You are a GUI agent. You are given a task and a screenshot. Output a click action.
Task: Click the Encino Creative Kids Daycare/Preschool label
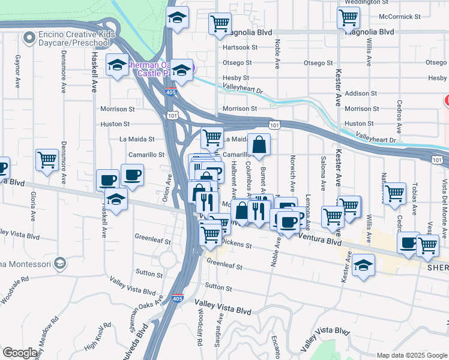[x=75, y=39]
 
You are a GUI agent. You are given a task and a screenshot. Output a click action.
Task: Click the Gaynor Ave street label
[x=17, y=70]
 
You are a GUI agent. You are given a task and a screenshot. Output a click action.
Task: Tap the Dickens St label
[x=236, y=244]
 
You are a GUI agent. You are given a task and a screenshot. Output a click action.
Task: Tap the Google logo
[x=20, y=353]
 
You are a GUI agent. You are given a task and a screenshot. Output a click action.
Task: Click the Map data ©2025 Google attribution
[x=411, y=355]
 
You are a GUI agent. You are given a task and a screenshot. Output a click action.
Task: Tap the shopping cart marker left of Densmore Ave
[x=47, y=160]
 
